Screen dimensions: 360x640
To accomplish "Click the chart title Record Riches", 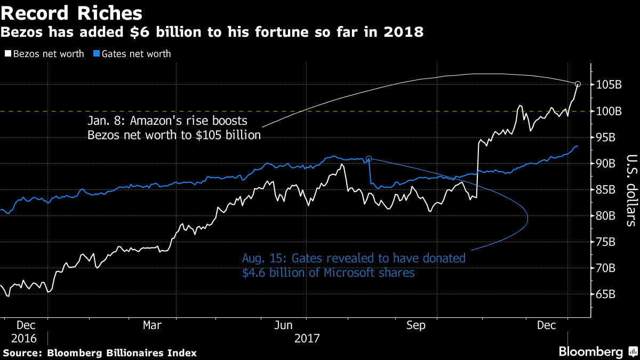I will click(71, 13).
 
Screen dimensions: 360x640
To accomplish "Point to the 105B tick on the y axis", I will click(610, 85).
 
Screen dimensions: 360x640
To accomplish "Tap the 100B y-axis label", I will click(610, 111).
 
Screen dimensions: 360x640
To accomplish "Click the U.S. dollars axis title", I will click(631, 190).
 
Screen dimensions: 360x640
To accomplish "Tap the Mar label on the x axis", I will click(153, 325).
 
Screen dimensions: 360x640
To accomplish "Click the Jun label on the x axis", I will click(284, 325).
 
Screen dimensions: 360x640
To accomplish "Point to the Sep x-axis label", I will click(415, 325).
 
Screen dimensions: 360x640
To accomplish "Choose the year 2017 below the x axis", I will click(307, 338).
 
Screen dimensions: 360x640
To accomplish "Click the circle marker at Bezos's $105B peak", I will click(578, 84).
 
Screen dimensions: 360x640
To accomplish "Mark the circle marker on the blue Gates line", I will click(369, 158).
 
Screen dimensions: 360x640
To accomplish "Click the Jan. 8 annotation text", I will click(174, 127).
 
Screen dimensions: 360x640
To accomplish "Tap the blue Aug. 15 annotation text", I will click(353, 266).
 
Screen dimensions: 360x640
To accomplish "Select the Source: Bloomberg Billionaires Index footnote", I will click(100, 353).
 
